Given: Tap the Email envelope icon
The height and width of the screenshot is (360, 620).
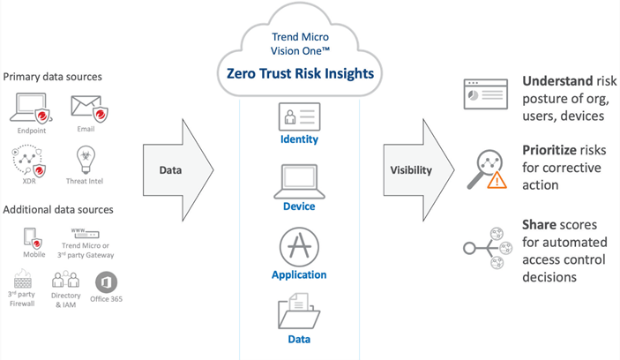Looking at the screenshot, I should point(86,108).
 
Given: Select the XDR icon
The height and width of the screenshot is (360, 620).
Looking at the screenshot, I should point(28,161).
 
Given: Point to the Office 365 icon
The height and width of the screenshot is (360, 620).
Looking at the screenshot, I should point(106,282).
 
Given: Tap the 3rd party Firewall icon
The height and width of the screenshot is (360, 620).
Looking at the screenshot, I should point(23,281).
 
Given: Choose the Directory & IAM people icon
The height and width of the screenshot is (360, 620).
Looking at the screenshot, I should point(65,281).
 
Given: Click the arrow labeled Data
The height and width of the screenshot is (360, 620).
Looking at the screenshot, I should point(176,169).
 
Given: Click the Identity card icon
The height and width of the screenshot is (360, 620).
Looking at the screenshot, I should point(299,117).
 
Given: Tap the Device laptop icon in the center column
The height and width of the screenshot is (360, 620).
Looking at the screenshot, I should point(299,181).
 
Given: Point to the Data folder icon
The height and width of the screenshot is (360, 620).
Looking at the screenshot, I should point(299,312).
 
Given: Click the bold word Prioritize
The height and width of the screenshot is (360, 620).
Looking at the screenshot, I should point(549,151).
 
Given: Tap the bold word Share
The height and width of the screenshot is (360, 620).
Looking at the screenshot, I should point(539,225).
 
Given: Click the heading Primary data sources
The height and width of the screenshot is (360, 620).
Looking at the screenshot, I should point(52,77).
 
